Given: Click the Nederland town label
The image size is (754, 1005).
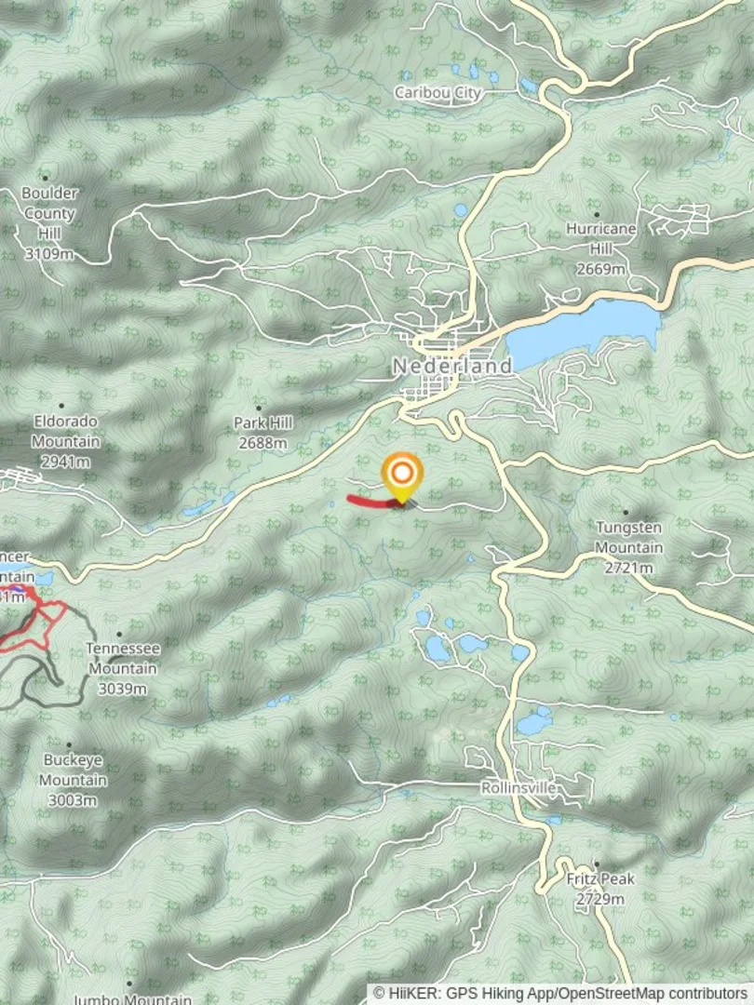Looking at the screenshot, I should coord(452,366).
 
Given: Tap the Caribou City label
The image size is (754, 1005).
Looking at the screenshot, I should coord(438,92).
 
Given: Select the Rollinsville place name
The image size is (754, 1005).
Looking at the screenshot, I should coord(518,788).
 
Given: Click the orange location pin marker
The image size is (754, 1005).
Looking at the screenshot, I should coord(402,474).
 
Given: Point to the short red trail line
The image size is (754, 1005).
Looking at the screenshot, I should coord(369,502).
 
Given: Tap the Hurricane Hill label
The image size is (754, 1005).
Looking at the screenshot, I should coord(600,239).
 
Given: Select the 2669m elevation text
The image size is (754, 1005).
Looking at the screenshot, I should coord(600,269).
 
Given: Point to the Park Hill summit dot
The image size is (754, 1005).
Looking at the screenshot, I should coord(259,408).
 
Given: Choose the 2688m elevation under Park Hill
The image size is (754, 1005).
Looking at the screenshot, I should coord(263,443).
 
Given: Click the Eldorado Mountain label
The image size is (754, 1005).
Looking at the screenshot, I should coord(66,431).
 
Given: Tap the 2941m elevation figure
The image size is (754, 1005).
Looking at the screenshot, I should coord(65,462).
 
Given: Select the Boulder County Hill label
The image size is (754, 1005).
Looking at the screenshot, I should coord(50,213).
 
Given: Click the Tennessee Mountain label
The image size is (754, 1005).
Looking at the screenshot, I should coord(123,657).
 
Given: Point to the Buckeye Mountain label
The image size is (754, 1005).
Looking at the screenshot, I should coord(74,770).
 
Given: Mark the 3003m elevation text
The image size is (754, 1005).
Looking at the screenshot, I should coord(73,800).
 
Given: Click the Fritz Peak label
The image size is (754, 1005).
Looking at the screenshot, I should coord(600,878).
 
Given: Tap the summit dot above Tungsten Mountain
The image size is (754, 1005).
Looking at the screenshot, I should coord(626,512).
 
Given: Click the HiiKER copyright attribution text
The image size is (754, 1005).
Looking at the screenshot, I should coord(560,994).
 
